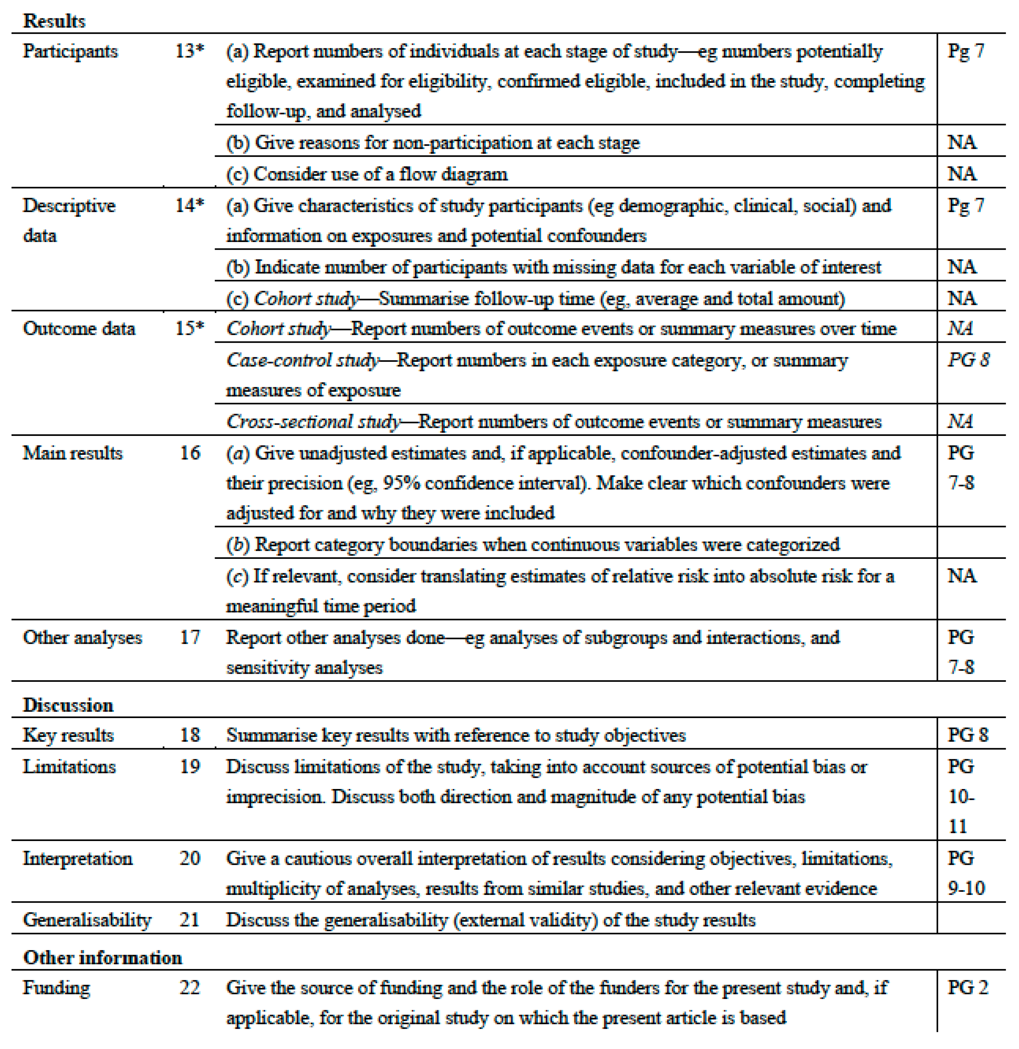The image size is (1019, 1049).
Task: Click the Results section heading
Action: coord(54,21)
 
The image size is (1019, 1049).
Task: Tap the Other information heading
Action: coord(102,958)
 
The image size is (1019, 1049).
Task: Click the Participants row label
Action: coord(70,51)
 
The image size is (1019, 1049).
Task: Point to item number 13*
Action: coord(189,51)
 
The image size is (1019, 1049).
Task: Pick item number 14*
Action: coord(189,205)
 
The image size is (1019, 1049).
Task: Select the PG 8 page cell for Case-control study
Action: coord(969,360)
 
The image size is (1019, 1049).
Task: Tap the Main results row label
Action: coord(72,453)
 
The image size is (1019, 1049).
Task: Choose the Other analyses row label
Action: coord(82,637)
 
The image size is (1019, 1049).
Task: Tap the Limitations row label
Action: coord(69,767)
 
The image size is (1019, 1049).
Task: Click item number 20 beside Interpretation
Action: coord(189,858)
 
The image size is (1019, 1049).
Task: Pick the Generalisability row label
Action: coord(87,920)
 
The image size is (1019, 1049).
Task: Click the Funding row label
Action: coord(56,987)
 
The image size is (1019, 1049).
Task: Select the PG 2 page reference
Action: coord(968,987)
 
